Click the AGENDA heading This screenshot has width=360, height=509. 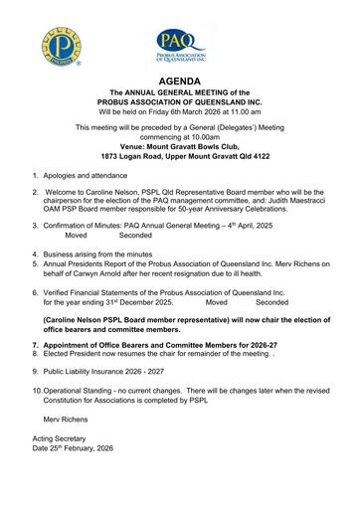click(179, 80)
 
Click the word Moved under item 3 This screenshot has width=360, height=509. click(77, 236)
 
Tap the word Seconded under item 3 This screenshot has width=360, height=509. click(135, 236)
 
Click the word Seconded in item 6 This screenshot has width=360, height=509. click(271, 302)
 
